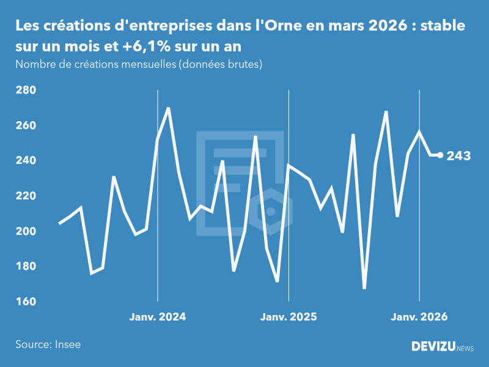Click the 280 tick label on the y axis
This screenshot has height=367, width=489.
pos(26,91)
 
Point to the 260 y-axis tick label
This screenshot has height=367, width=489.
pos(26,125)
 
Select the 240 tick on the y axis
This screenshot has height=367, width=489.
pos(26,161)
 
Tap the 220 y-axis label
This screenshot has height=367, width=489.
pos(26,196)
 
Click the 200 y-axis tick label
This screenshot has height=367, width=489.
pos(26,231)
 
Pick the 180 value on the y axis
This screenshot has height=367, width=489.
pos(26,267)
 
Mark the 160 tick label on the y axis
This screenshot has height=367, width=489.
pos(26,302)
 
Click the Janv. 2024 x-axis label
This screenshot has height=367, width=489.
pos(158,317)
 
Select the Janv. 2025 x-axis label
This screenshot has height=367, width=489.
pos(289,317)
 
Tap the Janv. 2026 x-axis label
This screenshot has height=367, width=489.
pos(419,317)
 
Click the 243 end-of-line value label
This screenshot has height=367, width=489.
pos(458,156)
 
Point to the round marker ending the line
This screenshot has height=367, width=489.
pos(441,155)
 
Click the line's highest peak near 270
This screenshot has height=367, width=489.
pos(169,108)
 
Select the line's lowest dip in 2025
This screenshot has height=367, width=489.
pos(364,288)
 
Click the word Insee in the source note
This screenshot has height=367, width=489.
pos(68,344)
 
